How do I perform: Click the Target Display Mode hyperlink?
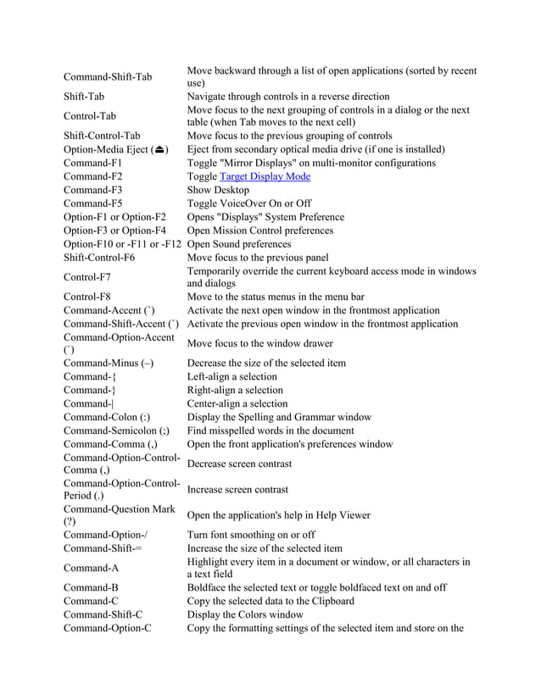click(x=265, y=176)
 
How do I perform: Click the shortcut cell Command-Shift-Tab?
click(x=108, y=77)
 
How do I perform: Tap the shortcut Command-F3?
click(x=93, y=190)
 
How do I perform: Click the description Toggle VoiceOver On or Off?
click(x=248, y=203)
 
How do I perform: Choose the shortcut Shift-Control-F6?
click(x=99, y=258)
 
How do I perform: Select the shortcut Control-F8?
click(x=87, y=297)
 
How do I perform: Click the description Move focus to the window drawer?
click(x=259, y=343)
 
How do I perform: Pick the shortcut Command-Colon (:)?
click(x=107, y=417)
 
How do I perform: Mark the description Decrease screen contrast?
click(x=239, y=464)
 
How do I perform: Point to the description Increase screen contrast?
click(x=238, y=489)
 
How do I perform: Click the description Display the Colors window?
click(x=244, y=614)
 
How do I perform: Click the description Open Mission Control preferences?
click(x=259, y=231)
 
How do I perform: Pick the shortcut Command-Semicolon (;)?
click(x=116, y=431)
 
